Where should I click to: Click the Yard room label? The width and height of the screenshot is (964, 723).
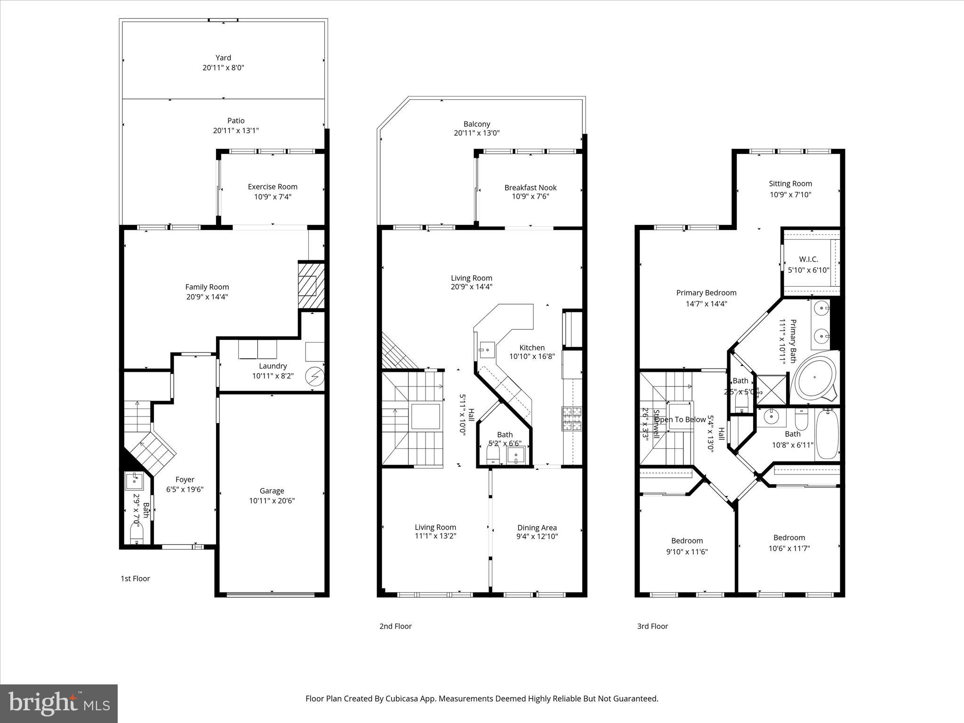click(x=223, y=58)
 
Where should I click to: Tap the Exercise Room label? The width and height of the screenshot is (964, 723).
click(x=273, y=187)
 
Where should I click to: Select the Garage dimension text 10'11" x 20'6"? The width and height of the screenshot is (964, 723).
click(x=272, y=501)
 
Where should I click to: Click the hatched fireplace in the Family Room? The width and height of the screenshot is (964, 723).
click(x=311, y=285)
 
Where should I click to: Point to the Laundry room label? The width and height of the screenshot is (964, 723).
click(x=273, y=366)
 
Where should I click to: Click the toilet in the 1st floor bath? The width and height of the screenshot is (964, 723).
click(x=137, y=534)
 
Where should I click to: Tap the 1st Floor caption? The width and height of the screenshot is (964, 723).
click(x=135, y=578)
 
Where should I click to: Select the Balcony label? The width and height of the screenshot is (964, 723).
click(x=476, y=124)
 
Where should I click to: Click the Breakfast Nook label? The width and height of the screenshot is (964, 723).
click(x=530, y=187)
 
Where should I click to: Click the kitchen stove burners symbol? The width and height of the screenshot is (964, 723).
click(x=572, y=418)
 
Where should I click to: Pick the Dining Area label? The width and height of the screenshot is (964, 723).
click(x=537, y=528)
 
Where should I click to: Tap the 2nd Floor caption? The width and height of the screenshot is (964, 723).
click(x=395, y=626)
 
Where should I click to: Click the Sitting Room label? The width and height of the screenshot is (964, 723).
click(x=790, y=184)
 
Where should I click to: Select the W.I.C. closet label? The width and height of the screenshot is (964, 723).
click(x=808, y=259)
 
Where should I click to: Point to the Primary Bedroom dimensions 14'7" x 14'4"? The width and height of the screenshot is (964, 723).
click(x=706, y=304)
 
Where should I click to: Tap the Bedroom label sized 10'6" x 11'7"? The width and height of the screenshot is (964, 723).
click(x=789, y=538)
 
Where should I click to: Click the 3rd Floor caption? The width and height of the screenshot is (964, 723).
click(x=652, y=626)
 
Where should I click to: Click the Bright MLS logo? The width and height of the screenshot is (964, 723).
click(x=59, y=703)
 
